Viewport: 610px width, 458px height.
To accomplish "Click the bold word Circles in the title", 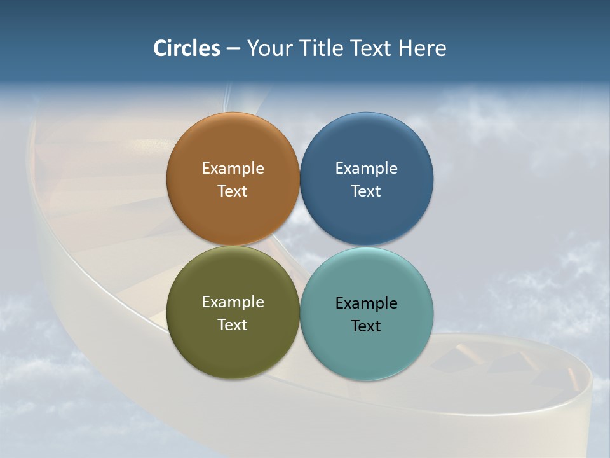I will pos(186,48).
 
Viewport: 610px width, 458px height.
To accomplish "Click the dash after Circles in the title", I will pos(233,49).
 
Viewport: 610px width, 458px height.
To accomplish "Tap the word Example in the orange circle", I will pos(233,169).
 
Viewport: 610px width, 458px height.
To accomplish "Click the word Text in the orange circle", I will pos(233,191).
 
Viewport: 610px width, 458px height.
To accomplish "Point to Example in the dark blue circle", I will pos(367,169).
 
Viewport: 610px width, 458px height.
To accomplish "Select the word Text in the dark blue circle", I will pos(367,191).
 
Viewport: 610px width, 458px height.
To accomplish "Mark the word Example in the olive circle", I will pos(233,302).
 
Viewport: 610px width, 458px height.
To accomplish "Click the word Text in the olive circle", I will pos(233,325).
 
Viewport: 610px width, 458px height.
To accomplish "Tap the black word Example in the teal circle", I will pos(367,303).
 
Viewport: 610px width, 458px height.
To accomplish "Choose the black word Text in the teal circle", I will pos(367,326).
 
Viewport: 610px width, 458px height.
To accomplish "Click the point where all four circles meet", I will pos(299,246).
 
